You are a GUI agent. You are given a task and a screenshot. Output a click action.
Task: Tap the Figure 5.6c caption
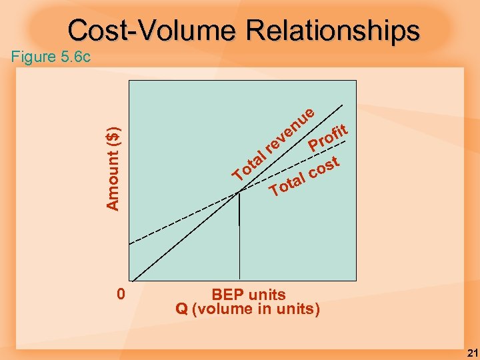coord(51,57)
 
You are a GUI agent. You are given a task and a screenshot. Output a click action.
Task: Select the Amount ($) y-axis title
coord(114,167)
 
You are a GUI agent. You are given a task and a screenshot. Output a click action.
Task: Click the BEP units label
coord(248,295)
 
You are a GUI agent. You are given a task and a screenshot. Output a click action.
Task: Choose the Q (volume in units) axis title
coord(248,309)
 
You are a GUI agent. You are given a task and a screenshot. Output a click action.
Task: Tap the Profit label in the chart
coord(328,136)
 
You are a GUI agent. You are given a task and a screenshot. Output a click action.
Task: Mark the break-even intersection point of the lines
coord(238,193)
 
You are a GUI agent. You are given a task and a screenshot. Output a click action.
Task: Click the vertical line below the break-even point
coord(238,210)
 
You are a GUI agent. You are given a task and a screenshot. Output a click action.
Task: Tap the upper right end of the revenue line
coord(344,104)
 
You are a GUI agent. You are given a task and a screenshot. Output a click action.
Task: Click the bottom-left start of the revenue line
coord(133,281)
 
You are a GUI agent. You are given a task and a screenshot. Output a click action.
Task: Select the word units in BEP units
coord(268,295)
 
